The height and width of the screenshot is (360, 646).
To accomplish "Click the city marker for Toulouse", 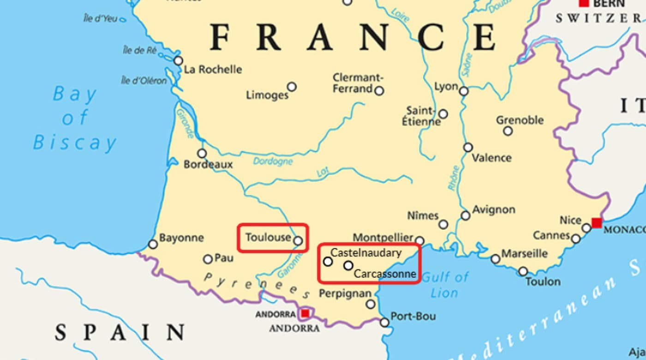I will (x=298, y=240).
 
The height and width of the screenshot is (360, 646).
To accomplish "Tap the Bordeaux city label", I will (x=208, y=164).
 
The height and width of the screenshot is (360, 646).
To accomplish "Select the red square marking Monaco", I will (x=597, y=223).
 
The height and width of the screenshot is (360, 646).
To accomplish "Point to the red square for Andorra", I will (x=305, y=313).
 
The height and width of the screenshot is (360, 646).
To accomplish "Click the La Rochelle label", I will (x=213, y=70).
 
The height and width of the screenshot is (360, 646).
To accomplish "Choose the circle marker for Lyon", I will (x=464, y=91).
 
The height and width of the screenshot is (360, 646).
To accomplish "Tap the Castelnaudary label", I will (x=366, y=253).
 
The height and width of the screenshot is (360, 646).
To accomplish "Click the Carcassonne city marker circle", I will (x=348, y=265).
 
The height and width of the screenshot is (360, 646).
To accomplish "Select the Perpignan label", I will (x=345, y=294).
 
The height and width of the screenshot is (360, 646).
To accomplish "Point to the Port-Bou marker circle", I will (x=384, y=322).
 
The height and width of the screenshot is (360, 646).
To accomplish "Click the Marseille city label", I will (x=525, y=254).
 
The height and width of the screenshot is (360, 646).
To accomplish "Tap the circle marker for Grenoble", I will (x=508, y=131).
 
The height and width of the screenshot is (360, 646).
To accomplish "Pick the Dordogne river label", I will (x=273, y=162).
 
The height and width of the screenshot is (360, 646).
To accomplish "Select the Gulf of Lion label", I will (x=445, y=284).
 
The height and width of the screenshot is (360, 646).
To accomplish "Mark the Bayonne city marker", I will (x=153, y=244).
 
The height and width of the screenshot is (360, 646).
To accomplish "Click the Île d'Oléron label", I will (x=144, y=81).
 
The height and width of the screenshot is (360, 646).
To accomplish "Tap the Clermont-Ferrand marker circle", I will (x=379, y=90).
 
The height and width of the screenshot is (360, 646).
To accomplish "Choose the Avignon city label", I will (x=493, y=210).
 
